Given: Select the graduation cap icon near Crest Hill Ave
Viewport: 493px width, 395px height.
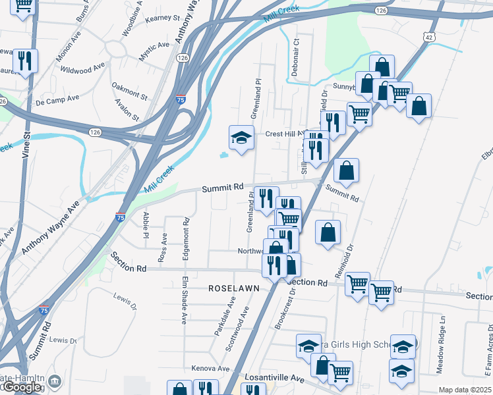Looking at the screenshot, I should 241,138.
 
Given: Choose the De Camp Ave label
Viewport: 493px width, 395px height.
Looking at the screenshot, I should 57,99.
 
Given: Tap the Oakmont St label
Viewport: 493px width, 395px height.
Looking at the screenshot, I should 129,91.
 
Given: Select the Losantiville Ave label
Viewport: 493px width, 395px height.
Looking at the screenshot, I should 275,379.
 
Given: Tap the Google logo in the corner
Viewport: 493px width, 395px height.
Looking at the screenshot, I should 22,387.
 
